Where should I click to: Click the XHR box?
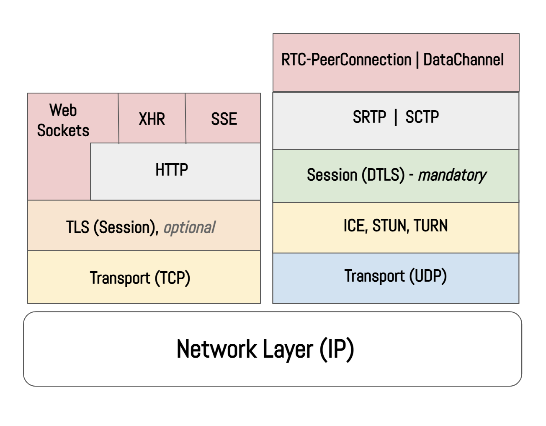coord(152,119)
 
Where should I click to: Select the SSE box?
coord(224,119)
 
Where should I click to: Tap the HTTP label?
coord(172,170)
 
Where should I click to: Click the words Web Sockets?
coord(63,120)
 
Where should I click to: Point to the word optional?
coord(189,227)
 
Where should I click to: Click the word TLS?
coord(77,227)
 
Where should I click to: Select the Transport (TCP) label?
coord(140,278)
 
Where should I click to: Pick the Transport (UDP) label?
coord(395,276)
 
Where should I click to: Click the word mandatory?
coord(452,175)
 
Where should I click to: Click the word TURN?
coord(430,226)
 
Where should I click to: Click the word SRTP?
coord(369,117)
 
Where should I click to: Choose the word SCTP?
coord(422,117)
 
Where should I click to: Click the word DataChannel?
coord(463,60)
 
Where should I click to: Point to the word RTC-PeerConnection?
coord(346,60)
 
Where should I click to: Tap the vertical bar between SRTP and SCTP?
coord(396,117)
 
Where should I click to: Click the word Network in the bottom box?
coord(216,349)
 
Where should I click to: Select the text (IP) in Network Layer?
coord(337,349)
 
